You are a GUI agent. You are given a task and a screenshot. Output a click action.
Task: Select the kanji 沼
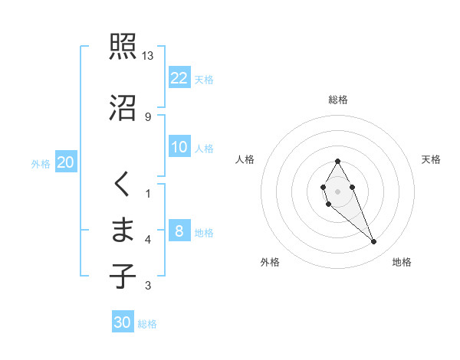(122, 108)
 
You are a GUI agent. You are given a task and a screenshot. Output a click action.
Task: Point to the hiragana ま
(122, 230)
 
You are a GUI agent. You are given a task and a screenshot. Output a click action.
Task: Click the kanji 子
(122, 276)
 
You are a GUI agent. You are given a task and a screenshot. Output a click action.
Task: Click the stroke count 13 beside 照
(148, 56)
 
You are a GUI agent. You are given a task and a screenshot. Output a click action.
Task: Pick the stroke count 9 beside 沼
(148, 116)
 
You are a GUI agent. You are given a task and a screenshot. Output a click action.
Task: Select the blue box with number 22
(179, 78)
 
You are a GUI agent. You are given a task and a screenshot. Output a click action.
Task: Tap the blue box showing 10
(179, 147)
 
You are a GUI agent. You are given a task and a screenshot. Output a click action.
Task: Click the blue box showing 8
(179, 231)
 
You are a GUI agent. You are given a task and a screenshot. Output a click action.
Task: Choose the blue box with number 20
(66, 162)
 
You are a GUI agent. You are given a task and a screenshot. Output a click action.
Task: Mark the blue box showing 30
(123, 322)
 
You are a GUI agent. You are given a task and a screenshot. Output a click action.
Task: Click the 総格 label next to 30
(147, 324)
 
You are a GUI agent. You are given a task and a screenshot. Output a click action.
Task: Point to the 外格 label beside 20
(41, 164)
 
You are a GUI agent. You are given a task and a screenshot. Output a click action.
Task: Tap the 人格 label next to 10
(204, 149)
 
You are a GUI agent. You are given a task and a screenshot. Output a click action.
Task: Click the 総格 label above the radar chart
(337, 100)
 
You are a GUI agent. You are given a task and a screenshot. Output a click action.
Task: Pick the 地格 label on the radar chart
(402, 262)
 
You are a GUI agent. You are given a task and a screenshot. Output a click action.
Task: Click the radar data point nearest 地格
(373, 242)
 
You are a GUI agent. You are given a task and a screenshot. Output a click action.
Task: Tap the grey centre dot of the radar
(337, 190)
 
